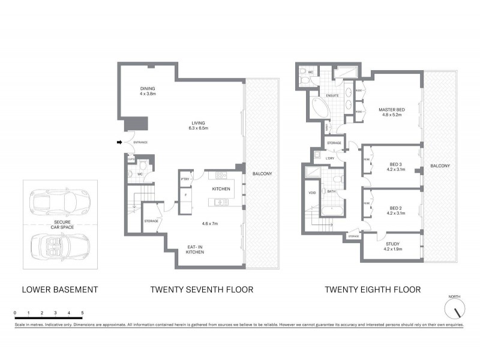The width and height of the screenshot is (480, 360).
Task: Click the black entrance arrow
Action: [119, 142]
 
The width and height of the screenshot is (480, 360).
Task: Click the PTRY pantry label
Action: [185, 179]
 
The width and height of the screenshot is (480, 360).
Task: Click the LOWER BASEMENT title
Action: [59, 290]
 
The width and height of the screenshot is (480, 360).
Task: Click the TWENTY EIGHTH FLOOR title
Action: [373, 290]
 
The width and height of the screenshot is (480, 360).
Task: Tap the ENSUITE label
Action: [333, 95]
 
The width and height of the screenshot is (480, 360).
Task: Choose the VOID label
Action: [312, 193]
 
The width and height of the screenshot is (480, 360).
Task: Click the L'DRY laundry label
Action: [330, 158]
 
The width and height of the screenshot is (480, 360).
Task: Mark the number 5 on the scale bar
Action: [82, 313]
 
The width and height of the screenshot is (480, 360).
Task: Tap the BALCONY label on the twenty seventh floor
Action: [262, 174]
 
